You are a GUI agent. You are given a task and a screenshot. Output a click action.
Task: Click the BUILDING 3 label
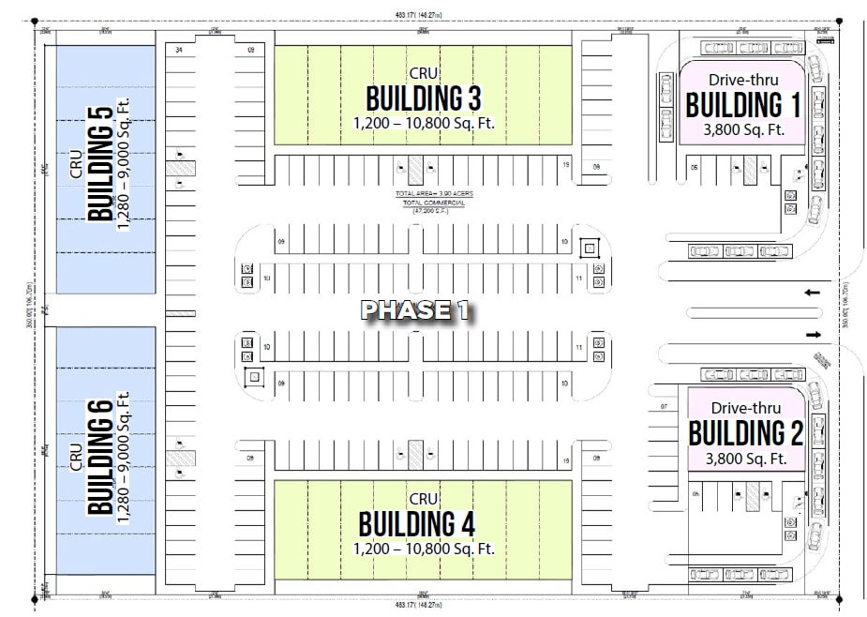tap(423, 98)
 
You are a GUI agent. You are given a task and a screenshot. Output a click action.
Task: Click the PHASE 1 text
tap(416, 310)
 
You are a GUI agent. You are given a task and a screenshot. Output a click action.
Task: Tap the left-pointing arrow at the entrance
tap(812, 293)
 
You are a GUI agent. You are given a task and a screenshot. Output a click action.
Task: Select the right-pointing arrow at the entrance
tap(812, 335)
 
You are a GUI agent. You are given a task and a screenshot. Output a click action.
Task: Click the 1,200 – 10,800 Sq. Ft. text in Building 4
tap(423, 549)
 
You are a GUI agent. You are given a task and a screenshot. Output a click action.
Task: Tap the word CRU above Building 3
tap(424, 72)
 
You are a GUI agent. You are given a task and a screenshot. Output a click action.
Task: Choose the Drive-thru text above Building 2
tap(744, 407)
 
